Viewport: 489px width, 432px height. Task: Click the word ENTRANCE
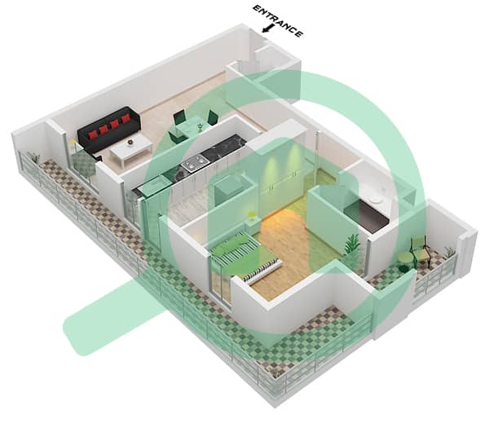click(x=278, y=21)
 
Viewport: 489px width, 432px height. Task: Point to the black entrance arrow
click(x=267, y=29)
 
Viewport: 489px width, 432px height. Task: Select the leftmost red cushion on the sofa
click(x=93, y=134)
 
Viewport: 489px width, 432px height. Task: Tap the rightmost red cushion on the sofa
click(x=126, y=119)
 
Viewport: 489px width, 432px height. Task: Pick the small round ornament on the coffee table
click(x=130, y=142)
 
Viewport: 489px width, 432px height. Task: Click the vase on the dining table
click(x=200, y=126)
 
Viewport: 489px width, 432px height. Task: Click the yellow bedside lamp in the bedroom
click(x=251, y=215)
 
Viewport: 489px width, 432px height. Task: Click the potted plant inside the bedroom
click(x=351, y=248)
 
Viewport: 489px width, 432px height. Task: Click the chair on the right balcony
click(x=420, y=249)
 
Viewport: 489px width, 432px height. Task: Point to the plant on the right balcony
click(x=449, y=251)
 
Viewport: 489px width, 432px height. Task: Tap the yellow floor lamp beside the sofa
click(x=73, y=144)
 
